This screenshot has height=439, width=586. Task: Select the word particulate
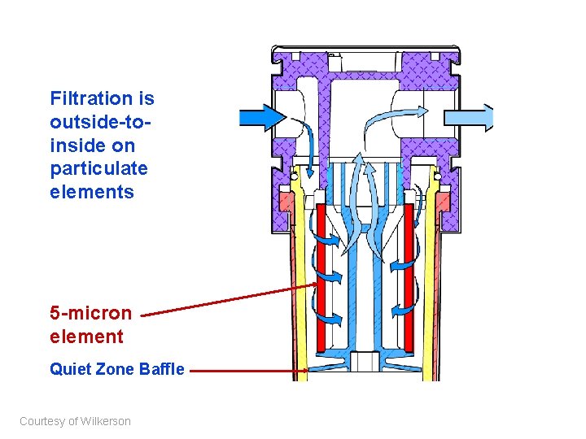click(x=98, y=169)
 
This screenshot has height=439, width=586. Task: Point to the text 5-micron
click(x=90, y=313)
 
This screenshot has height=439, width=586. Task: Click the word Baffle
click(x=163, y=370)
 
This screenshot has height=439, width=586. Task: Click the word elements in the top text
click(x=91, y=193)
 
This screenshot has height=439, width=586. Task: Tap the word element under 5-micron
click(x=86, y=337)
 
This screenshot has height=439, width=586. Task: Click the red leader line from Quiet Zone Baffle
click(x=244, y=372)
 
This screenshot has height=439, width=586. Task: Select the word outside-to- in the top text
click(x=100, y=123)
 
